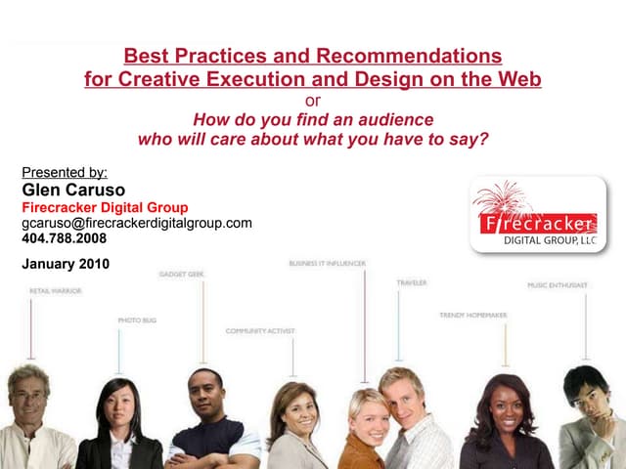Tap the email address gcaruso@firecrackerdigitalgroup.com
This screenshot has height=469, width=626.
[137, 223]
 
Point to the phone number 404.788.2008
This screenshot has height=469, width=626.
[65, 237]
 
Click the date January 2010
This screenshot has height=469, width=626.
[66, 263]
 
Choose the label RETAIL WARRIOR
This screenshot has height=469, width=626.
[56, 291]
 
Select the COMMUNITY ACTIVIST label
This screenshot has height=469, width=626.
[259, 331]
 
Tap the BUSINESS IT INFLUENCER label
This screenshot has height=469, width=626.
[327, 263]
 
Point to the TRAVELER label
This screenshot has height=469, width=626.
[411, 282]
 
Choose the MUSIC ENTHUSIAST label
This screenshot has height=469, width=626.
[558, 285]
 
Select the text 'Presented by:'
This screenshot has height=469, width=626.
[65, 172]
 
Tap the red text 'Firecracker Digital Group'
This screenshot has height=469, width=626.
[105, 207]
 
